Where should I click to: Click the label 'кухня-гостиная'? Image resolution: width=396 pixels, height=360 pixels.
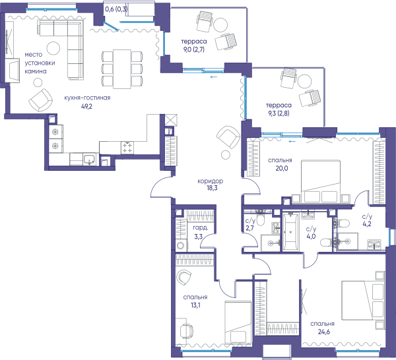(x=87, y=98)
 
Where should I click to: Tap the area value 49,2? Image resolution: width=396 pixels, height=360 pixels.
(x=86, y=106)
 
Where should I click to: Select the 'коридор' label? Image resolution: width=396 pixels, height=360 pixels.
(x=211, y=181)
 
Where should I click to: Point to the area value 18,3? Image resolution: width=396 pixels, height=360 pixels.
(x=212, y=188)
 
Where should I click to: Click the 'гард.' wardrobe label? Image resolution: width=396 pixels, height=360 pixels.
(x=201, y=228)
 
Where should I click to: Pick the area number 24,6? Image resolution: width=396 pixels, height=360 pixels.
(x=324, y=332)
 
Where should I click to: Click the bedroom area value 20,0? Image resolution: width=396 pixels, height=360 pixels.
(x=282, y=168)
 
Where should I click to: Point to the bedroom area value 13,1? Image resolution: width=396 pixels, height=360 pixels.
(x=195, y=305)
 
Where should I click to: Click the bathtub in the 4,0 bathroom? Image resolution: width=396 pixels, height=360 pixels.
(x=290, y=232)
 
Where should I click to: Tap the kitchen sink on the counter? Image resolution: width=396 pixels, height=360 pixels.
(x=89, y=159)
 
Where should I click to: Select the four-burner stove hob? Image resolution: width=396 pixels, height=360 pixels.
(x=127, y=148)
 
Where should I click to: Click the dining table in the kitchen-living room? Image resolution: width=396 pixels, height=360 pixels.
(x=122, y=69)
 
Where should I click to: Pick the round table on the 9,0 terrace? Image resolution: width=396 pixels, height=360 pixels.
(x=220, y=24)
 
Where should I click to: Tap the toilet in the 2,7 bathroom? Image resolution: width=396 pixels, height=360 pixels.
(x=259, y=219)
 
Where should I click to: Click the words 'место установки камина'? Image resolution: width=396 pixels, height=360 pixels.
(x=40, y=63)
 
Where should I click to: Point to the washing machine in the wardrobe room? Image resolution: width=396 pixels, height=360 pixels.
(x=181, y=245)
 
